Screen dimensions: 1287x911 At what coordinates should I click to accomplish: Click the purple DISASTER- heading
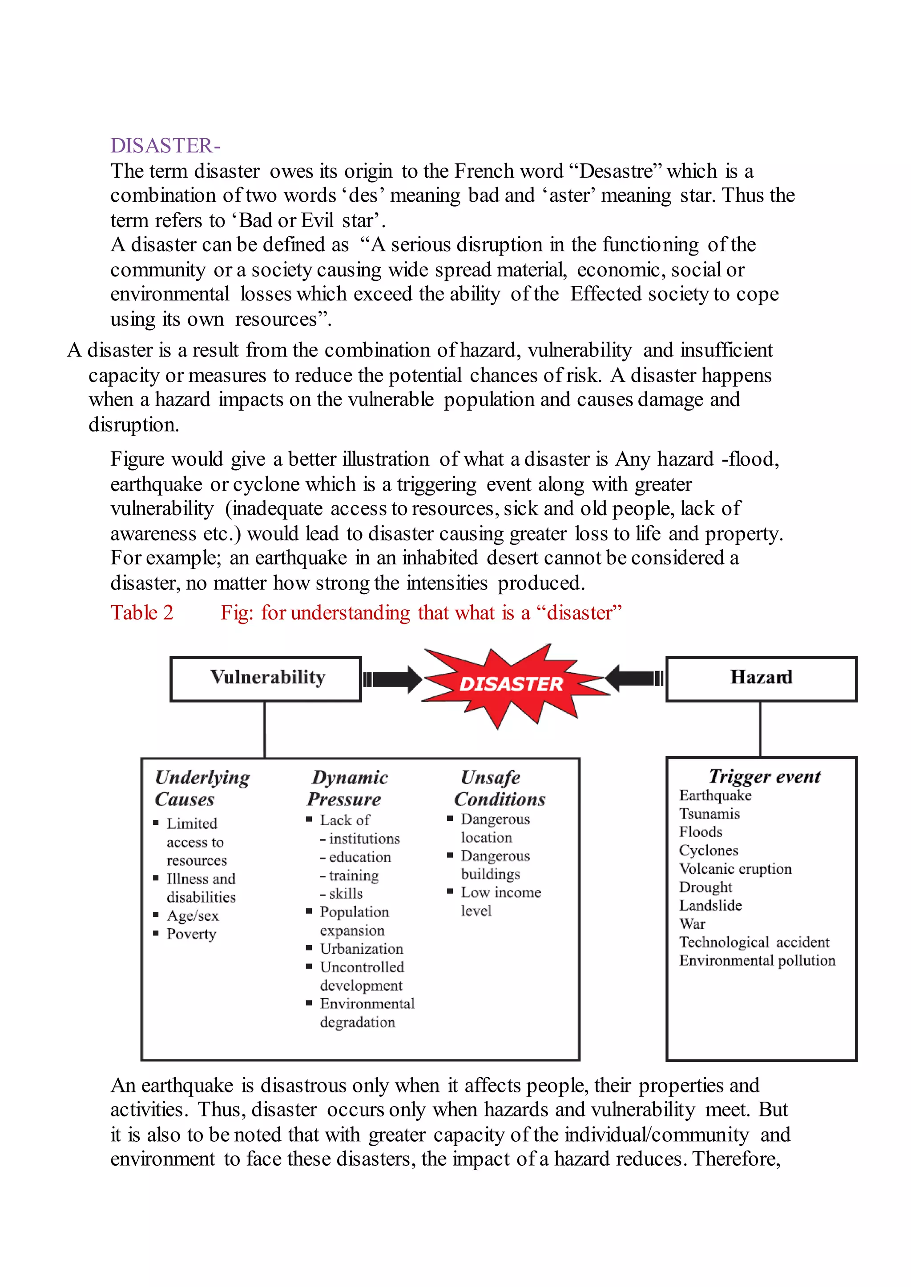click(165, 146)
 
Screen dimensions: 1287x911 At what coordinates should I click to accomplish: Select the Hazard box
click(761, 678)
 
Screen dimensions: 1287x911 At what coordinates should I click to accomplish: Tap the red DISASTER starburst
click(511, 684)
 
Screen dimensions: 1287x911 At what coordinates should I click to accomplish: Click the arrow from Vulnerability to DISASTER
click(393, 679)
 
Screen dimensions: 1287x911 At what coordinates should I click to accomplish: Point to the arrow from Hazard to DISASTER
click(634, 678)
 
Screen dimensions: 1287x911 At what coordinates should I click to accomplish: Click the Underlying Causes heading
click(202, 787)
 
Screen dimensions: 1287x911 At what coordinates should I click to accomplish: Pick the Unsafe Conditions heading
click(499, 787)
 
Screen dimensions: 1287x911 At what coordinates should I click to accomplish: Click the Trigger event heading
click(764, 776)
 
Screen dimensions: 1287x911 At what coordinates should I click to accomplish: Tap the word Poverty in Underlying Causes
click(191, 934)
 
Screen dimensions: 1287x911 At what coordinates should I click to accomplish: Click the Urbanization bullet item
click(361, 949)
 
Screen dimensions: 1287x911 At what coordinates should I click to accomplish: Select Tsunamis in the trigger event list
click(709, 814)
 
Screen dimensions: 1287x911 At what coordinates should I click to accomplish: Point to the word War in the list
click(692, 924)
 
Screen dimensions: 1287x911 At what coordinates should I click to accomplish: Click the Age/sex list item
click(193, 916)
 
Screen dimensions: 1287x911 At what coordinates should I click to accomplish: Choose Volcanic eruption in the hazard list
click(735, 869)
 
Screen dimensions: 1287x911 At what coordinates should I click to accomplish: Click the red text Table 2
click(142, 613)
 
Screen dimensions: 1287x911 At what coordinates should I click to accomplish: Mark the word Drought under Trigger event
click(705, 887)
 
